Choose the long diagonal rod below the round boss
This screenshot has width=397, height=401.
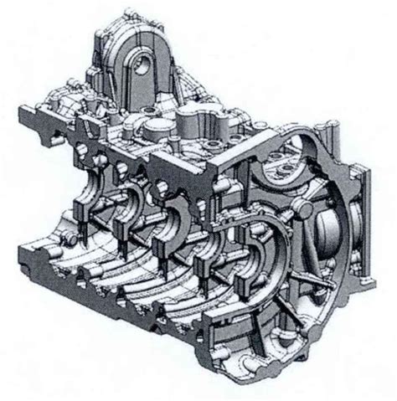click(x=289, y=251)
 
